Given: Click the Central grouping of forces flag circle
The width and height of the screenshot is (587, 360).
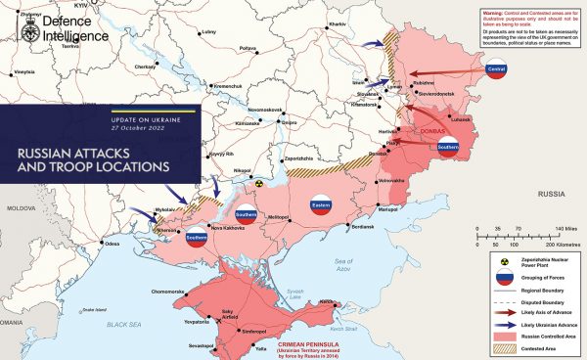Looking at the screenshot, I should pos(496,70).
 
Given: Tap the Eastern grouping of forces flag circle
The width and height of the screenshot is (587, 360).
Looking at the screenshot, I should pos(320,207).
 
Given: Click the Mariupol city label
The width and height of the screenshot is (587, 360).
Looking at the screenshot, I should pos(388,210).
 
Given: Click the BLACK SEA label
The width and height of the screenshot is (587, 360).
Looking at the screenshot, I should pos(125,323).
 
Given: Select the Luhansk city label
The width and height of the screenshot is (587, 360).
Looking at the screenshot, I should pos(460,119).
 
